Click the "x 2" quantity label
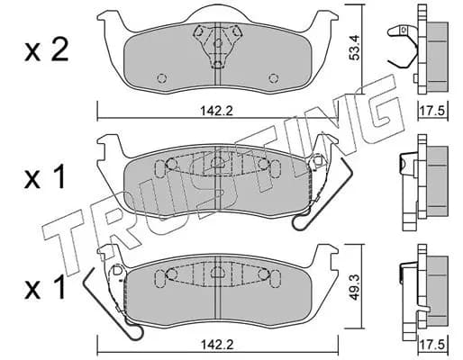[x=47, y=51]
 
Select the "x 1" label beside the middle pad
[x=45, y=177]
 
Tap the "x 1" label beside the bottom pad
[x=45, y=288]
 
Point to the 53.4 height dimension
[x=355, y=48]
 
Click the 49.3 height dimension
[x=355, y=287]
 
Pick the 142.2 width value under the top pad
[x=217, y=111]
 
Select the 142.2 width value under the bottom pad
[x=217, y=344]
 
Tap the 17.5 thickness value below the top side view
[x=432, y=112]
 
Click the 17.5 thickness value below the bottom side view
[x=432, y=345]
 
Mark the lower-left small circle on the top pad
[x=162, y=78]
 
